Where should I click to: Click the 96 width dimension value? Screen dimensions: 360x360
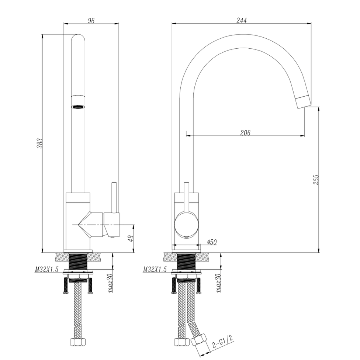(x=91, y=21)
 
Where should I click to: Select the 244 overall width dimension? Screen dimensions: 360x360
(x=241, y=21)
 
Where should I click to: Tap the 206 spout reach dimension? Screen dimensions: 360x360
(x=245, y=133)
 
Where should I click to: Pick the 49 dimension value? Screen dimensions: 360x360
(x=130, y=239)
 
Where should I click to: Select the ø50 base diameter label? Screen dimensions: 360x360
(x=212, y=242)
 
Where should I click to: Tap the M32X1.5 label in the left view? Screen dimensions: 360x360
(x=47, y=270)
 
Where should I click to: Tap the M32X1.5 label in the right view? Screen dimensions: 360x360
(x=155, y=270)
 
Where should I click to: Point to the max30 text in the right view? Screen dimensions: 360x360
(x=218, y=283)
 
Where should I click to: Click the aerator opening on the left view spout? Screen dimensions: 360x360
(x=78, y=107)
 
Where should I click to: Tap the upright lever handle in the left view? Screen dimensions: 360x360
(x=114, y=197)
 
